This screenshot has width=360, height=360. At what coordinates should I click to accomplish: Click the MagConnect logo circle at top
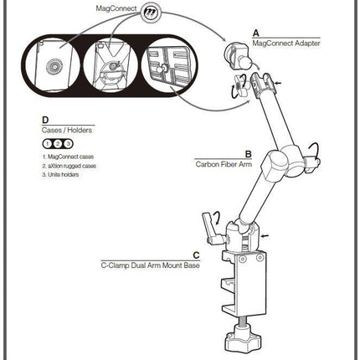pos(151,13)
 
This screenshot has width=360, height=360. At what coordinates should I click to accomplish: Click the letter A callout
pos(255,33)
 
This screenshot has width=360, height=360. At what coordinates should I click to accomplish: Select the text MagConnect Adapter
pos(286,44)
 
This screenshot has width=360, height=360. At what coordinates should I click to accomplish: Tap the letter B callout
pos(248,154)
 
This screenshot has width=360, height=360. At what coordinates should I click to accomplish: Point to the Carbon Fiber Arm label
pos(224,164)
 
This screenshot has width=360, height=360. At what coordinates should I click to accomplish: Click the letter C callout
pos(197,255)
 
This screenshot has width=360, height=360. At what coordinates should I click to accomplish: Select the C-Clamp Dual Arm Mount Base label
pos(151,265)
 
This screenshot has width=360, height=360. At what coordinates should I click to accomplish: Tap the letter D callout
pos(45,120)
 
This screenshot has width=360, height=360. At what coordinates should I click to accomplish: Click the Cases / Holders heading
pos(67,130)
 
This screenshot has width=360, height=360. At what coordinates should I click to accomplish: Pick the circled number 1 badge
pos(48,144)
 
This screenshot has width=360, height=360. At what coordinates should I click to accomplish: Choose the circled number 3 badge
pos(68,144)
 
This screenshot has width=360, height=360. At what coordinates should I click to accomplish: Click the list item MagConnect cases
pos(68,157)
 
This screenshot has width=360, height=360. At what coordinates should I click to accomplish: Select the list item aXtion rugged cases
pos(69,166)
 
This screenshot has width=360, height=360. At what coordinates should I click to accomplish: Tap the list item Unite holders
pos(60,175)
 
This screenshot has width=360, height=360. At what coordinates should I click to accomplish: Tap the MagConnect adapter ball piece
pos(237,56)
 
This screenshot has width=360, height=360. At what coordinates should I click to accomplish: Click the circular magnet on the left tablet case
pos(55,68)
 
